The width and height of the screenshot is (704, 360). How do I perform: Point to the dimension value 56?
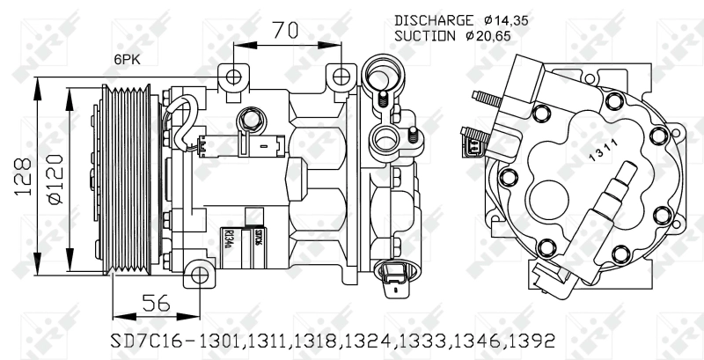[x=157, y=302]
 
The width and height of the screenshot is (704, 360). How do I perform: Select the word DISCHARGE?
[x=433, y=19]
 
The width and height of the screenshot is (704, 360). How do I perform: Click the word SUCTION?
[x=424, y=36]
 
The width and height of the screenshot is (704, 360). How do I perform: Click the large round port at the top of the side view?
[x=382, y=70]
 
